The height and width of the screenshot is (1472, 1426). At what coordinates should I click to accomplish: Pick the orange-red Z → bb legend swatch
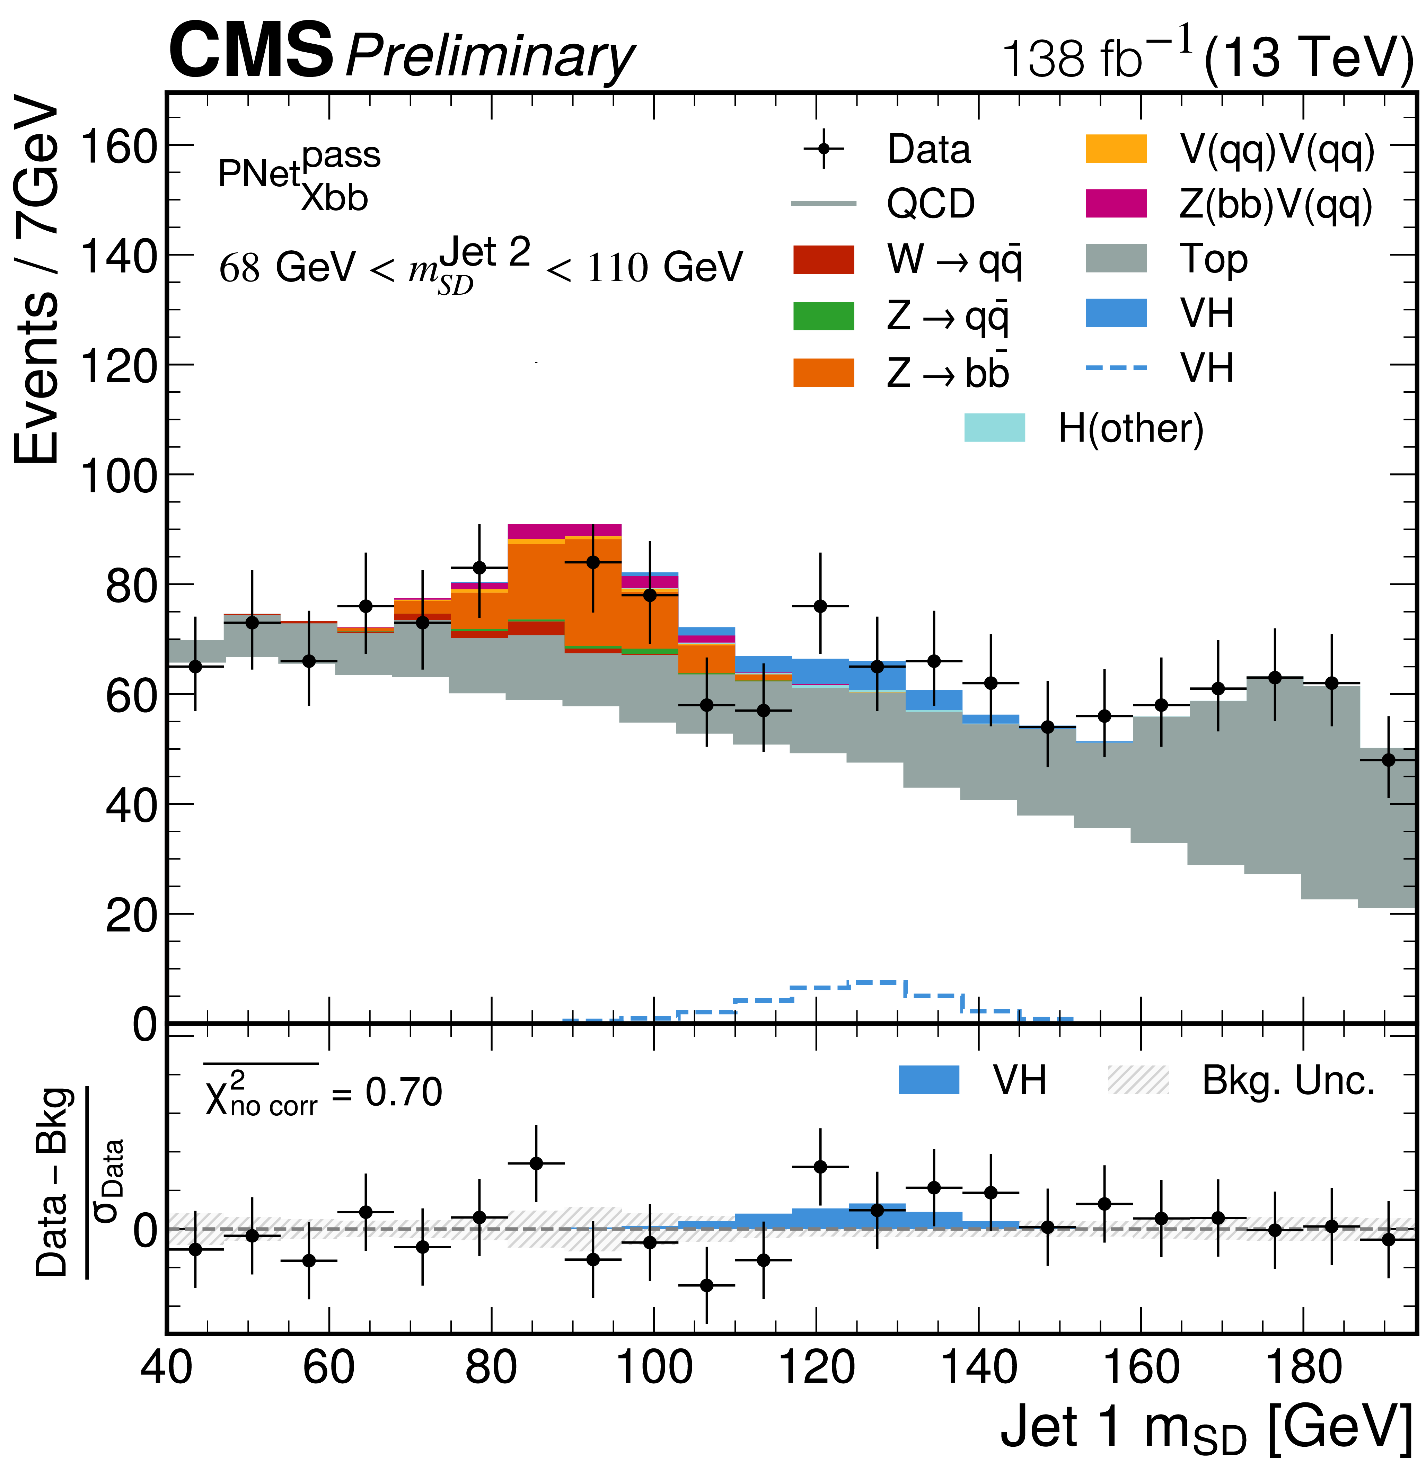[x=824, y=373]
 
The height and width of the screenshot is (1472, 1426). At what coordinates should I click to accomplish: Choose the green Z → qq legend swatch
[x=824, y=316]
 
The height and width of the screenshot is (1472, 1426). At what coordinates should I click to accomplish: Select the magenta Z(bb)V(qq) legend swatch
[x=1116, y=204]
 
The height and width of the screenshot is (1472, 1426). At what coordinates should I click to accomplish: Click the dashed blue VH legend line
[x=1116, y=368]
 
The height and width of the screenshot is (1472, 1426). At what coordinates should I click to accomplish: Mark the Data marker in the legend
[x=824, y=149]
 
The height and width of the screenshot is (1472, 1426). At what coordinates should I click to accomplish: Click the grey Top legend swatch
[x=1116, y=258]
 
